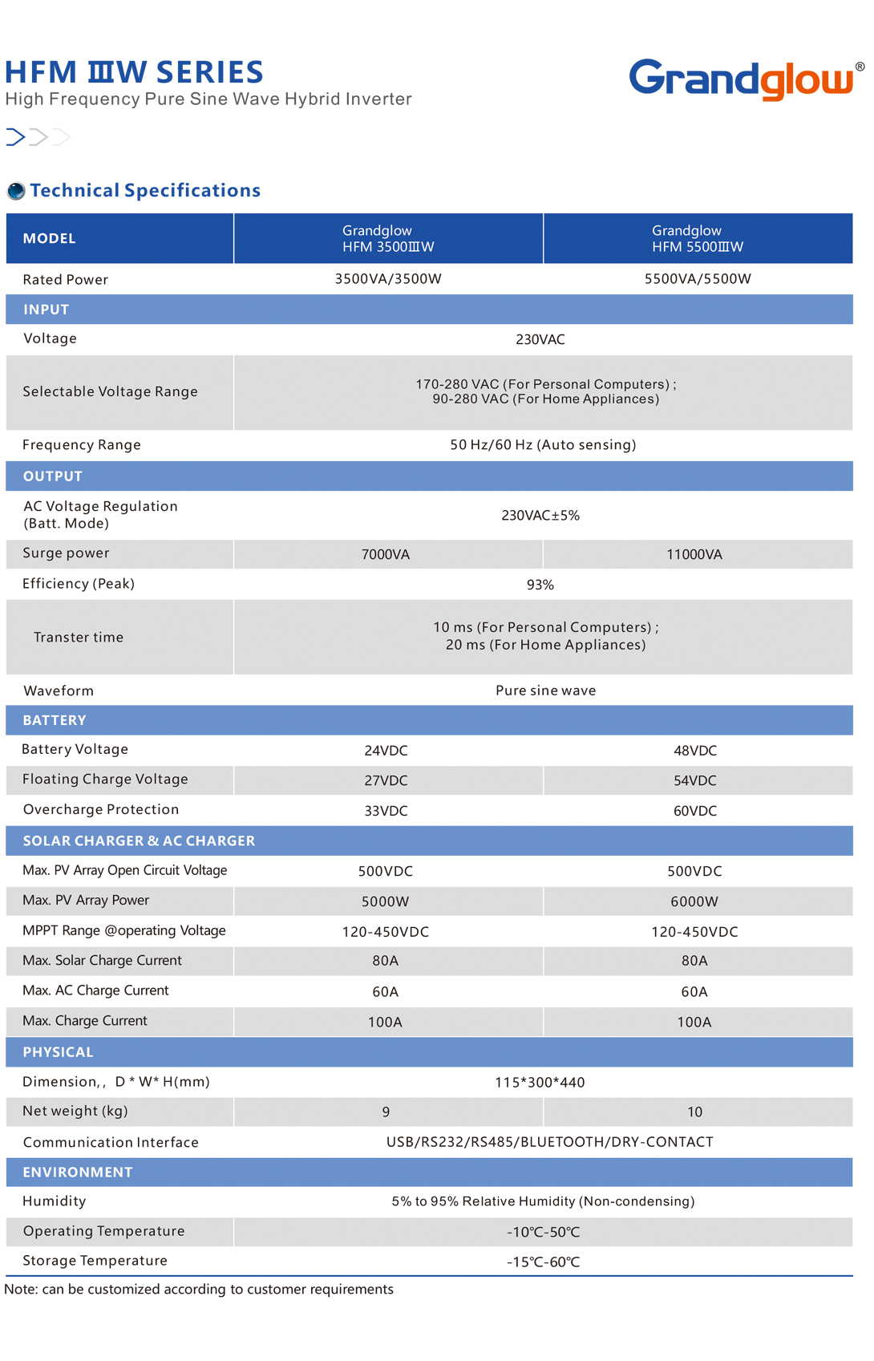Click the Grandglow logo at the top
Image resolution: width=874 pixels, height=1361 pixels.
tap(742, 79)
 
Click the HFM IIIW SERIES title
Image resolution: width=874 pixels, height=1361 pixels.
tap(134, 72)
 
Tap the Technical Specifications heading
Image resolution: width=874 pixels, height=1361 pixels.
tap(145, 190)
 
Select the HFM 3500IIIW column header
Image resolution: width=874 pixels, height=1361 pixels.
tap(388, 238)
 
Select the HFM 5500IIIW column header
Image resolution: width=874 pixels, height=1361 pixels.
tap(698, 238)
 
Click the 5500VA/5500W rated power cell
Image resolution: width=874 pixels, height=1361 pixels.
tap(698, 279)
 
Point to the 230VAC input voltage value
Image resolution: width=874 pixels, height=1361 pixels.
tap(540, 339)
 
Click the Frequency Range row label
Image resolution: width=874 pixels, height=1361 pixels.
tap(82, 445)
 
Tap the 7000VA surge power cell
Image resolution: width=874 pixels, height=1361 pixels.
tap(386, 554)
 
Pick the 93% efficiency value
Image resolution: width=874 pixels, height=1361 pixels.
tap(540, 585)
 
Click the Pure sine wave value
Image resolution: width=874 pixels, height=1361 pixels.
tap(545, 691)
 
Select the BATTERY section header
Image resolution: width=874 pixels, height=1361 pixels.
tap(55, 720)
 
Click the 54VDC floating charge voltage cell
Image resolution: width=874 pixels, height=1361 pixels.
tap(695, 780)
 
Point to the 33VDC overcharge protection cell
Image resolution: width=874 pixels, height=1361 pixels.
tap(386, 811)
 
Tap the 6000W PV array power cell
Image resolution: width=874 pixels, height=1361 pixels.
tap(694, 901)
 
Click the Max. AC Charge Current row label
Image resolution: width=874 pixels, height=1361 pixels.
tap(96, 990)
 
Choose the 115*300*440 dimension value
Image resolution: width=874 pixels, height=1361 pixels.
tap(540, 1082)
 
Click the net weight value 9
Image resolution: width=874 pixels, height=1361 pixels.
tap(386, 1112)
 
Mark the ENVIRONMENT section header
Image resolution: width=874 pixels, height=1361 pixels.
tap(78, 1172)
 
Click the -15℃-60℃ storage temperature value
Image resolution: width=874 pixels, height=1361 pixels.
tap(543, 1262)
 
